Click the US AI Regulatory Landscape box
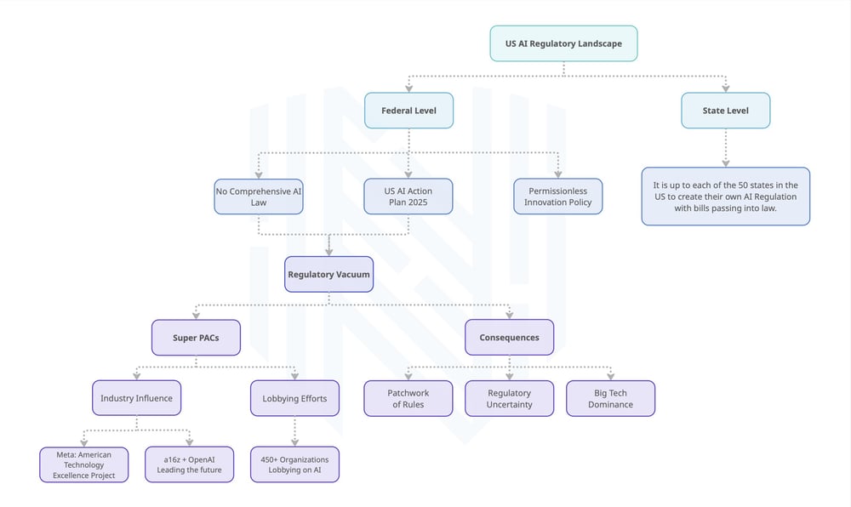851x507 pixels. click(563, 43)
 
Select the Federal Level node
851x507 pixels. click(408, 111)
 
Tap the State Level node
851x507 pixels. click(725, 111)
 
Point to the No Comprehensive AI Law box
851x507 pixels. click(259, 197)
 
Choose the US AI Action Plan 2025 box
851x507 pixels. click(408, 197)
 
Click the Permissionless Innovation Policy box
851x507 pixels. click(557, 197)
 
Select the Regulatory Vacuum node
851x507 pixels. click(328, 275)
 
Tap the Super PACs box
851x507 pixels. click(196, 337)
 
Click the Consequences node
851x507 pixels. click(509, 337)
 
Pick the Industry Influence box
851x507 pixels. click(136, 398)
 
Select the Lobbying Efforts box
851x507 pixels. click(294, 398)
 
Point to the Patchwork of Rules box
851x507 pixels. click(408, 398)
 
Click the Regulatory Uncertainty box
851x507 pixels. click(509, 398)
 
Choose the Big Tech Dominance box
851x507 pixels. click(610, 398)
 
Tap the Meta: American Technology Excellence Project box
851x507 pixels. click(84, 464)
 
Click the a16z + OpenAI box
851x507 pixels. click(189, 464)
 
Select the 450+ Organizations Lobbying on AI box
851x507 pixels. click(294, 464)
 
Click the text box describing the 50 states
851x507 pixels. click(725, 197)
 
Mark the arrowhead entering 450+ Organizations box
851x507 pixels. click(294, 442)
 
